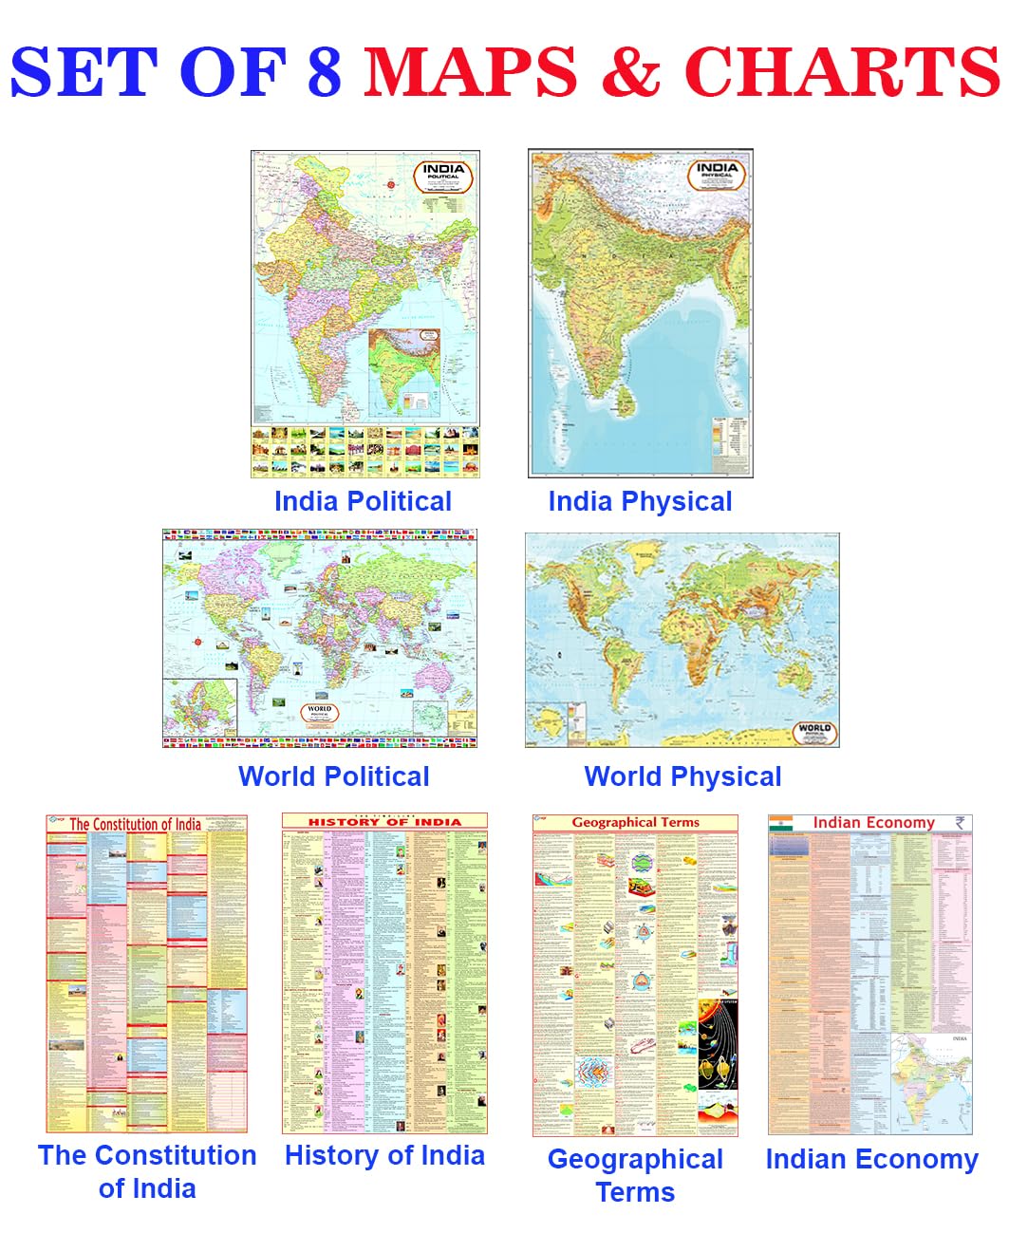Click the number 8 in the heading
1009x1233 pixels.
[x=324, y=72]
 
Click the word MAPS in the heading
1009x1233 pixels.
[x=471, y=72]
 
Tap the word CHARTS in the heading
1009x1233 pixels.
[x=842, y=72]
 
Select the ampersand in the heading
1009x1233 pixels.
[x=630, y=72]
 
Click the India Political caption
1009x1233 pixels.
[x=363, y=501]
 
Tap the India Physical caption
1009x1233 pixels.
[x=640, y=501]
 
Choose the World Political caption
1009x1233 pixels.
[x=334, y=776]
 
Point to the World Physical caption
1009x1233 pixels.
[x=682, y=776]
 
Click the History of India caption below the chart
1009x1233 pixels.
[x=384, y=1155]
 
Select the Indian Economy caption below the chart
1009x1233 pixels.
[x=871, y=1159]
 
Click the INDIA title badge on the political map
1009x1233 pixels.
[x=443, y=176]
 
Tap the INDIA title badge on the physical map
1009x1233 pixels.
[x=717, y=174]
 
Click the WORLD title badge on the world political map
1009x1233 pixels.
[x=320, y=713]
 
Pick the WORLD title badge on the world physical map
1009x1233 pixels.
[x=813, y=731]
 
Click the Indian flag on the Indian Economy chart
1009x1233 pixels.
[x=781, y=823]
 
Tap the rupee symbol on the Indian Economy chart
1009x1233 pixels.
[x=961, y=823]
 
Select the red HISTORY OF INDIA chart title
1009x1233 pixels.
[x=384, y=822]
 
